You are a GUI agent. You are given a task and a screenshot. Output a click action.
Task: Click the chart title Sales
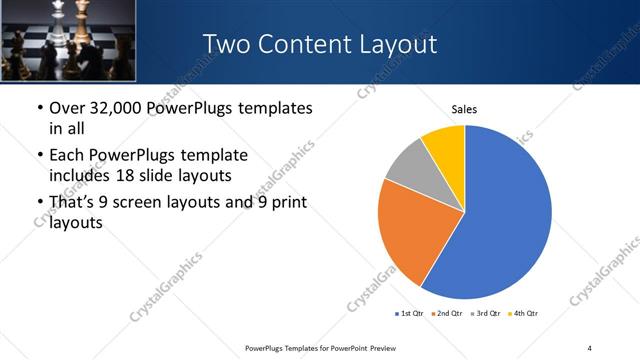[464, 109]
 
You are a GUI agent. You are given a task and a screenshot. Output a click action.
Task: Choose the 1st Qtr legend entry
[410, 314]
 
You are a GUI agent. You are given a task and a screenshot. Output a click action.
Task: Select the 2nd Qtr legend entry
[445, 314]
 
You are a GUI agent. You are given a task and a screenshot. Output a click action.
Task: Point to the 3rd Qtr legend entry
[484, 314]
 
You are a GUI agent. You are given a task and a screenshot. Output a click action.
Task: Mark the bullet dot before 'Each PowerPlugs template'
[39, 156]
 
